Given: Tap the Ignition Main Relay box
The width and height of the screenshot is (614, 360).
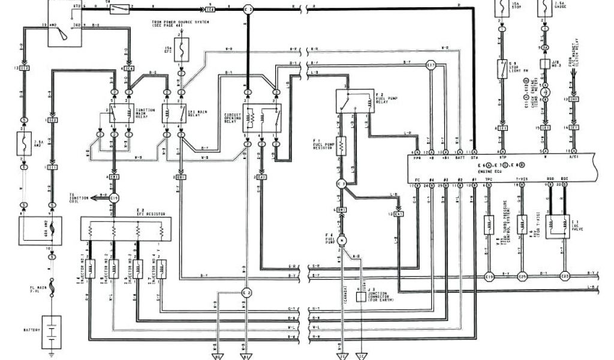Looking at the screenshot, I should [x=122, y=113].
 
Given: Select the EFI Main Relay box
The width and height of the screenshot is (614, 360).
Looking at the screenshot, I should [x=174, y=113].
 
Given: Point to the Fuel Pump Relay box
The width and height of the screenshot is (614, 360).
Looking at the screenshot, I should [x=354, y=101].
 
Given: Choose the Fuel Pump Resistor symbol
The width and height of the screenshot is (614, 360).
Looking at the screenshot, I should [x=341, y=145].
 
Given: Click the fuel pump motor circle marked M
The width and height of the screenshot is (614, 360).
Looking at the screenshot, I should [x=341, y=240].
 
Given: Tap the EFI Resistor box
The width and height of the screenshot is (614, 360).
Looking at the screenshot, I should [x=125, y=229].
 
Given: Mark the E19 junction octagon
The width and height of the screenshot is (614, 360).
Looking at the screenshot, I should [x=489, y=277].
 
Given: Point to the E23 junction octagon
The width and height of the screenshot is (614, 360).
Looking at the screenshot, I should [x=564, y=277].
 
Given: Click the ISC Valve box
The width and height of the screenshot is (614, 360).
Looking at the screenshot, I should [x=557, y=226].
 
